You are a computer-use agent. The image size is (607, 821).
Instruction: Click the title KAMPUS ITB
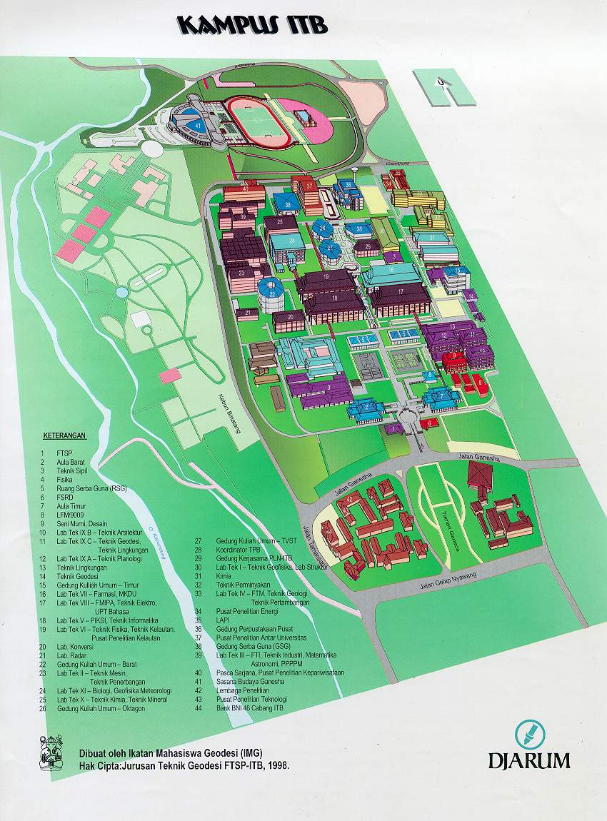(x=253, y=26)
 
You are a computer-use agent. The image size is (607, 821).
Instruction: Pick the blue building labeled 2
(x=365, y=407)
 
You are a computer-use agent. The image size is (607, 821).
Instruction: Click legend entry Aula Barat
(x=71, y=462)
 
